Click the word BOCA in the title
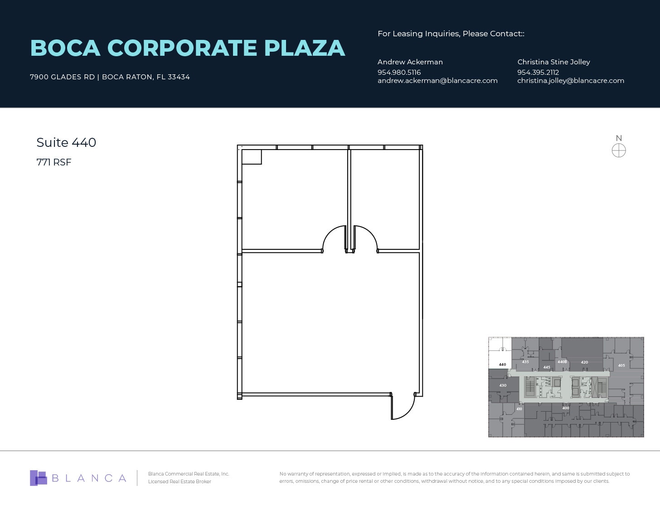[x=65, y=48]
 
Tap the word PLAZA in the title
[x=304, y=48]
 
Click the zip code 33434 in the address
[x=179, y=77]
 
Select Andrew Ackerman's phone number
[x=399, y=72]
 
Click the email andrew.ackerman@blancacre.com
[x=437, y=81]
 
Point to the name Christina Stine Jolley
[x=553, y=62]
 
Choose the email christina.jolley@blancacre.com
[x=570, y=81]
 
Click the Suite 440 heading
[x=66, y=142]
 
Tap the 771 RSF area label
[x=54, y=162]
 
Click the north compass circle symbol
[x=619, y=151]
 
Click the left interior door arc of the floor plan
[x=333, y=238]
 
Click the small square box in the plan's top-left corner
[x=252, y=157]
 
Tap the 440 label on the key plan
[x=502, y=364]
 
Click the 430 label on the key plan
[x=503, y=385]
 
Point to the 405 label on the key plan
[x=621, y=365]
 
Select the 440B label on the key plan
[x=562, y=362]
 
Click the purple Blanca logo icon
[x=39, y=478]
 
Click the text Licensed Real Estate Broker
[x=180, y=481]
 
